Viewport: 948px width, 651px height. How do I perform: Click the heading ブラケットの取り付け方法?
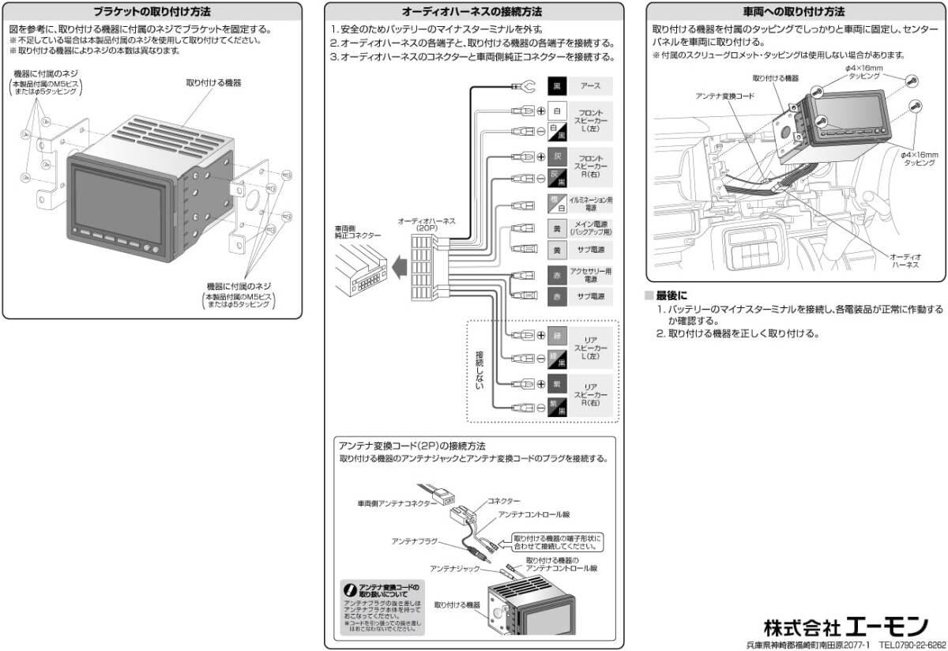pos(152,12)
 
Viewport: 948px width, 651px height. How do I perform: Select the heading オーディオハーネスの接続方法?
pos(472,12)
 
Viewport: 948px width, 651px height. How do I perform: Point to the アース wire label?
pos(591,86)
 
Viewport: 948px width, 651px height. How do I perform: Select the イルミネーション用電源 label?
pos(591,202)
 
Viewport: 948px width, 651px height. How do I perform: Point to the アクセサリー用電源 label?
pos(591,275)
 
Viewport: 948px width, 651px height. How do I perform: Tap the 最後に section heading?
pos(671,295)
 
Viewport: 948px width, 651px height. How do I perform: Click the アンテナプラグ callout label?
pos(411,541)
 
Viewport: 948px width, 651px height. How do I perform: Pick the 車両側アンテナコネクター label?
pos(396,502)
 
